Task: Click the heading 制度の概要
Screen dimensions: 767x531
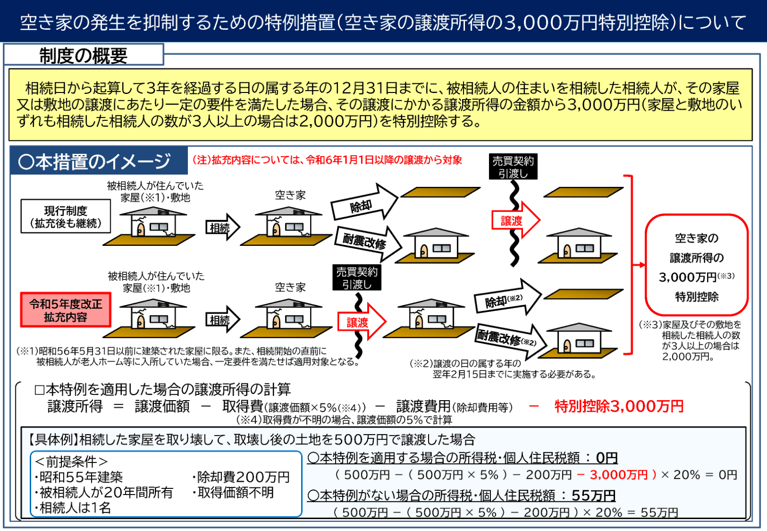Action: tap(83, 55)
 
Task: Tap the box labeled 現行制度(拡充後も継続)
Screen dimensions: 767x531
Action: tap(66, 216)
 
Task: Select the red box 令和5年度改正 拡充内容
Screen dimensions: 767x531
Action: tap(66, 310)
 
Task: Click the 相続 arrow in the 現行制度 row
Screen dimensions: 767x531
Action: tap(222, 227)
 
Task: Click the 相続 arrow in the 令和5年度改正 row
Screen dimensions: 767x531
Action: tap(222, 320)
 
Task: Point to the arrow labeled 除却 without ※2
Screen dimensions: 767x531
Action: tap(364, 203)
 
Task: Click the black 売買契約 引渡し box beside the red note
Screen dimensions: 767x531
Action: tap(513, 167)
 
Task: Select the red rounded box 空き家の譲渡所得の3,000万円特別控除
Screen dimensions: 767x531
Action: tap(697, 265)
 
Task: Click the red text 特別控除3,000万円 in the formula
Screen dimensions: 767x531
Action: tap(619, 406)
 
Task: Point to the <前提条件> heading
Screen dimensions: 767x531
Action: tap(71, 462)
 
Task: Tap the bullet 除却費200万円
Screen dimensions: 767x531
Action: tap(241, 477)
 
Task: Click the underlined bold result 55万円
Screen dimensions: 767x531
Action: tap(593, 496)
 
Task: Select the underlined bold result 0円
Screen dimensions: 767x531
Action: tap(607, 458)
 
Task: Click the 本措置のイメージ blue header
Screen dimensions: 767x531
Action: tap(99, 161)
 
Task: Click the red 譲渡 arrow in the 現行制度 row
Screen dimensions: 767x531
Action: tap(516, 220)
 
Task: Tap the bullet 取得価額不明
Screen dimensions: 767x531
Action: tap(233, 492)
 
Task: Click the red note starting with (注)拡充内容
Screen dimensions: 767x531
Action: tap(327, 160)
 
